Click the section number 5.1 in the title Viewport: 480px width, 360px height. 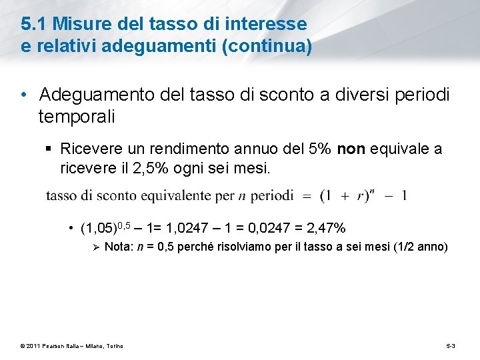coord(34,25)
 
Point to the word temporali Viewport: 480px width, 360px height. coord(77,117)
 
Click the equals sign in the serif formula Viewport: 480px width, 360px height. coord(307,196)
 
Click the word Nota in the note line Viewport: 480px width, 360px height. coord(119,247)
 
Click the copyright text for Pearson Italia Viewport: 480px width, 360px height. coord(71,345)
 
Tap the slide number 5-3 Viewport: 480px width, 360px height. coord(451,345)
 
